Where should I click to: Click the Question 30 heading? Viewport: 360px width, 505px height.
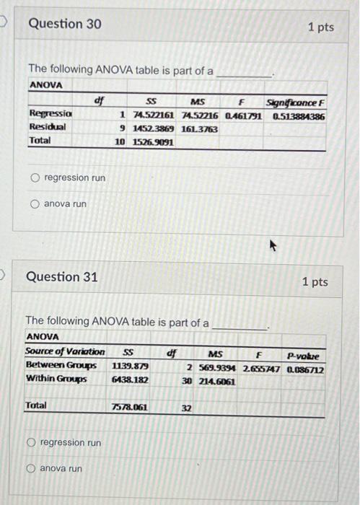click(64, 24)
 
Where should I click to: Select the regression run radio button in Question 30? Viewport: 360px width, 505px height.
click(35, 177)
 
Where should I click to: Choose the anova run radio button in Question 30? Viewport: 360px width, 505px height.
click(35, 204)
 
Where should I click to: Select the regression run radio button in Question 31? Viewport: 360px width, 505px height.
click(31, 442)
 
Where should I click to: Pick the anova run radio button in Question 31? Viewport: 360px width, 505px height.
click(31, 469)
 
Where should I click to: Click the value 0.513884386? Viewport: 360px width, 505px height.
click(298, 116)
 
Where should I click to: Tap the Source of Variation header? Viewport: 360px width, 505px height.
click(65, 352)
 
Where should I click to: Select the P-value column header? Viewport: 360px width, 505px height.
click(302, 355)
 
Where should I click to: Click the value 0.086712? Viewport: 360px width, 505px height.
click(305, 369)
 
